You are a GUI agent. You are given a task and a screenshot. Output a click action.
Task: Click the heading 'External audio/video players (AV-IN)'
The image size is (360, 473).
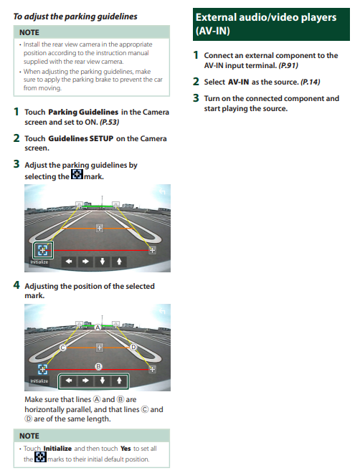coord(266,24)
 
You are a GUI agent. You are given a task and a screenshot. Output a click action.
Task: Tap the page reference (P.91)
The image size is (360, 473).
coord(288,65)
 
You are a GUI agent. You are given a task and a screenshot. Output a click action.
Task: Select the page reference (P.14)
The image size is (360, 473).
coord(311,82)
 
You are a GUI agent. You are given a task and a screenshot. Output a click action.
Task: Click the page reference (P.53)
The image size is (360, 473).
coord(109,122)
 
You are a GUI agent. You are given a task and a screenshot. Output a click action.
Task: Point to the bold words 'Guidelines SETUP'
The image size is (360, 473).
coord(81,138)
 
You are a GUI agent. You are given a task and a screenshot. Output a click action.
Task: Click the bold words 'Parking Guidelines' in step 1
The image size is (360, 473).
coord(83,112)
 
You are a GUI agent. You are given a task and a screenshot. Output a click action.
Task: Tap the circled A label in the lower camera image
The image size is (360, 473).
coord(98,328)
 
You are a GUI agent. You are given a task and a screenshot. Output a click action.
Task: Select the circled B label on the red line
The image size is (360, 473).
coord(98,366)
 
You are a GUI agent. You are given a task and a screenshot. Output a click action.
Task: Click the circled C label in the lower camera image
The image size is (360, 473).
coord(63,348)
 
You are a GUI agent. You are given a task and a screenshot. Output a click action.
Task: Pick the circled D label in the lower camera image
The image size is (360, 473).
coord(133,347)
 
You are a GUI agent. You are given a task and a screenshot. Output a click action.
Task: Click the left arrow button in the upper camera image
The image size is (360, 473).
coord(69,262)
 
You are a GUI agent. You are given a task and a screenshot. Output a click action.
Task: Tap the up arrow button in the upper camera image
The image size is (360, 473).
coord(119,262)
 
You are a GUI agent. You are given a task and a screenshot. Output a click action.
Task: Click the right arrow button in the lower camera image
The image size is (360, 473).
coord(86,381)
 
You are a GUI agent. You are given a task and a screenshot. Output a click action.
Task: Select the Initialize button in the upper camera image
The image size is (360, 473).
coord(39,262)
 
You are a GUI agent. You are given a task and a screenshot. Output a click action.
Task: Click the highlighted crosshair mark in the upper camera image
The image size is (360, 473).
coord(43,250)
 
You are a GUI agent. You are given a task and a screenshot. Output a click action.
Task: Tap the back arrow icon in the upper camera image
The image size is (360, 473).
coord(162,191)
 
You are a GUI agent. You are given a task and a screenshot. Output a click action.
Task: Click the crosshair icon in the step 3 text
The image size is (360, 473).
coord(77,174)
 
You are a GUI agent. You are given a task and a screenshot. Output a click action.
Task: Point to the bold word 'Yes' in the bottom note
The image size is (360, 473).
coord(125,449)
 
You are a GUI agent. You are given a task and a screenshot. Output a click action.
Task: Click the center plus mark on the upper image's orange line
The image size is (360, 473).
coord(100,228)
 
